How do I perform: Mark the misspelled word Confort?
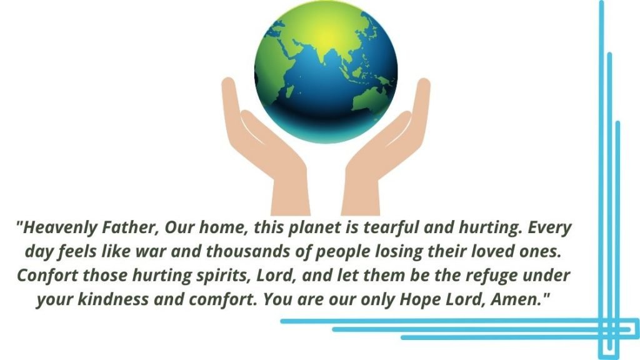point(47,275)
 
